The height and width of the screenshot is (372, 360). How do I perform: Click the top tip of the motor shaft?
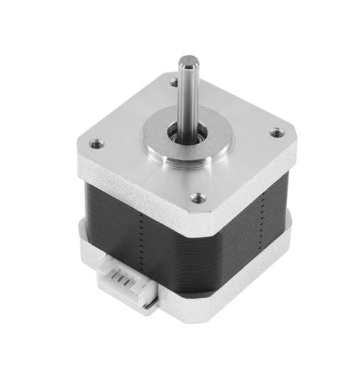pos(187,55)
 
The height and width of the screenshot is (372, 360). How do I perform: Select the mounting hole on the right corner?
pos(277,131)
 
